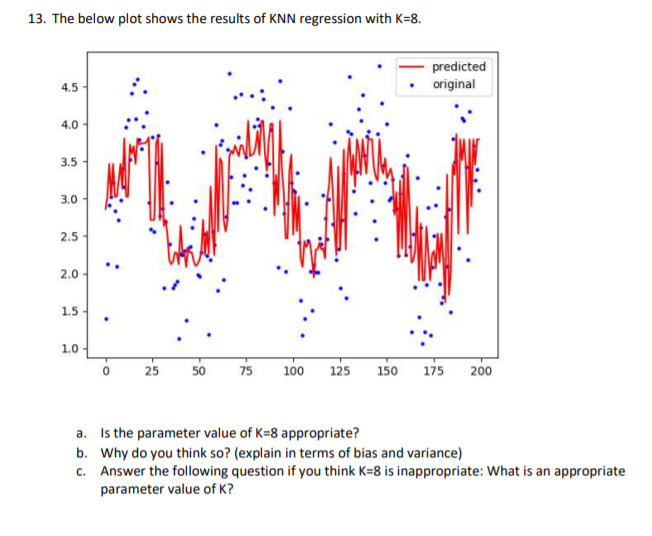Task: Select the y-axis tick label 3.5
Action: (67, 160)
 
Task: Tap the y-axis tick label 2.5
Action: (67, 236)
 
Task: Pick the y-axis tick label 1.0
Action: (67, 348)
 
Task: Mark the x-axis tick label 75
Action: (245, 371)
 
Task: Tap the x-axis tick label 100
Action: (294, 371)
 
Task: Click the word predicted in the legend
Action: (459, 67)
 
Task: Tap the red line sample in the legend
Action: (413, 67)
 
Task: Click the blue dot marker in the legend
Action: (413, 84)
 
